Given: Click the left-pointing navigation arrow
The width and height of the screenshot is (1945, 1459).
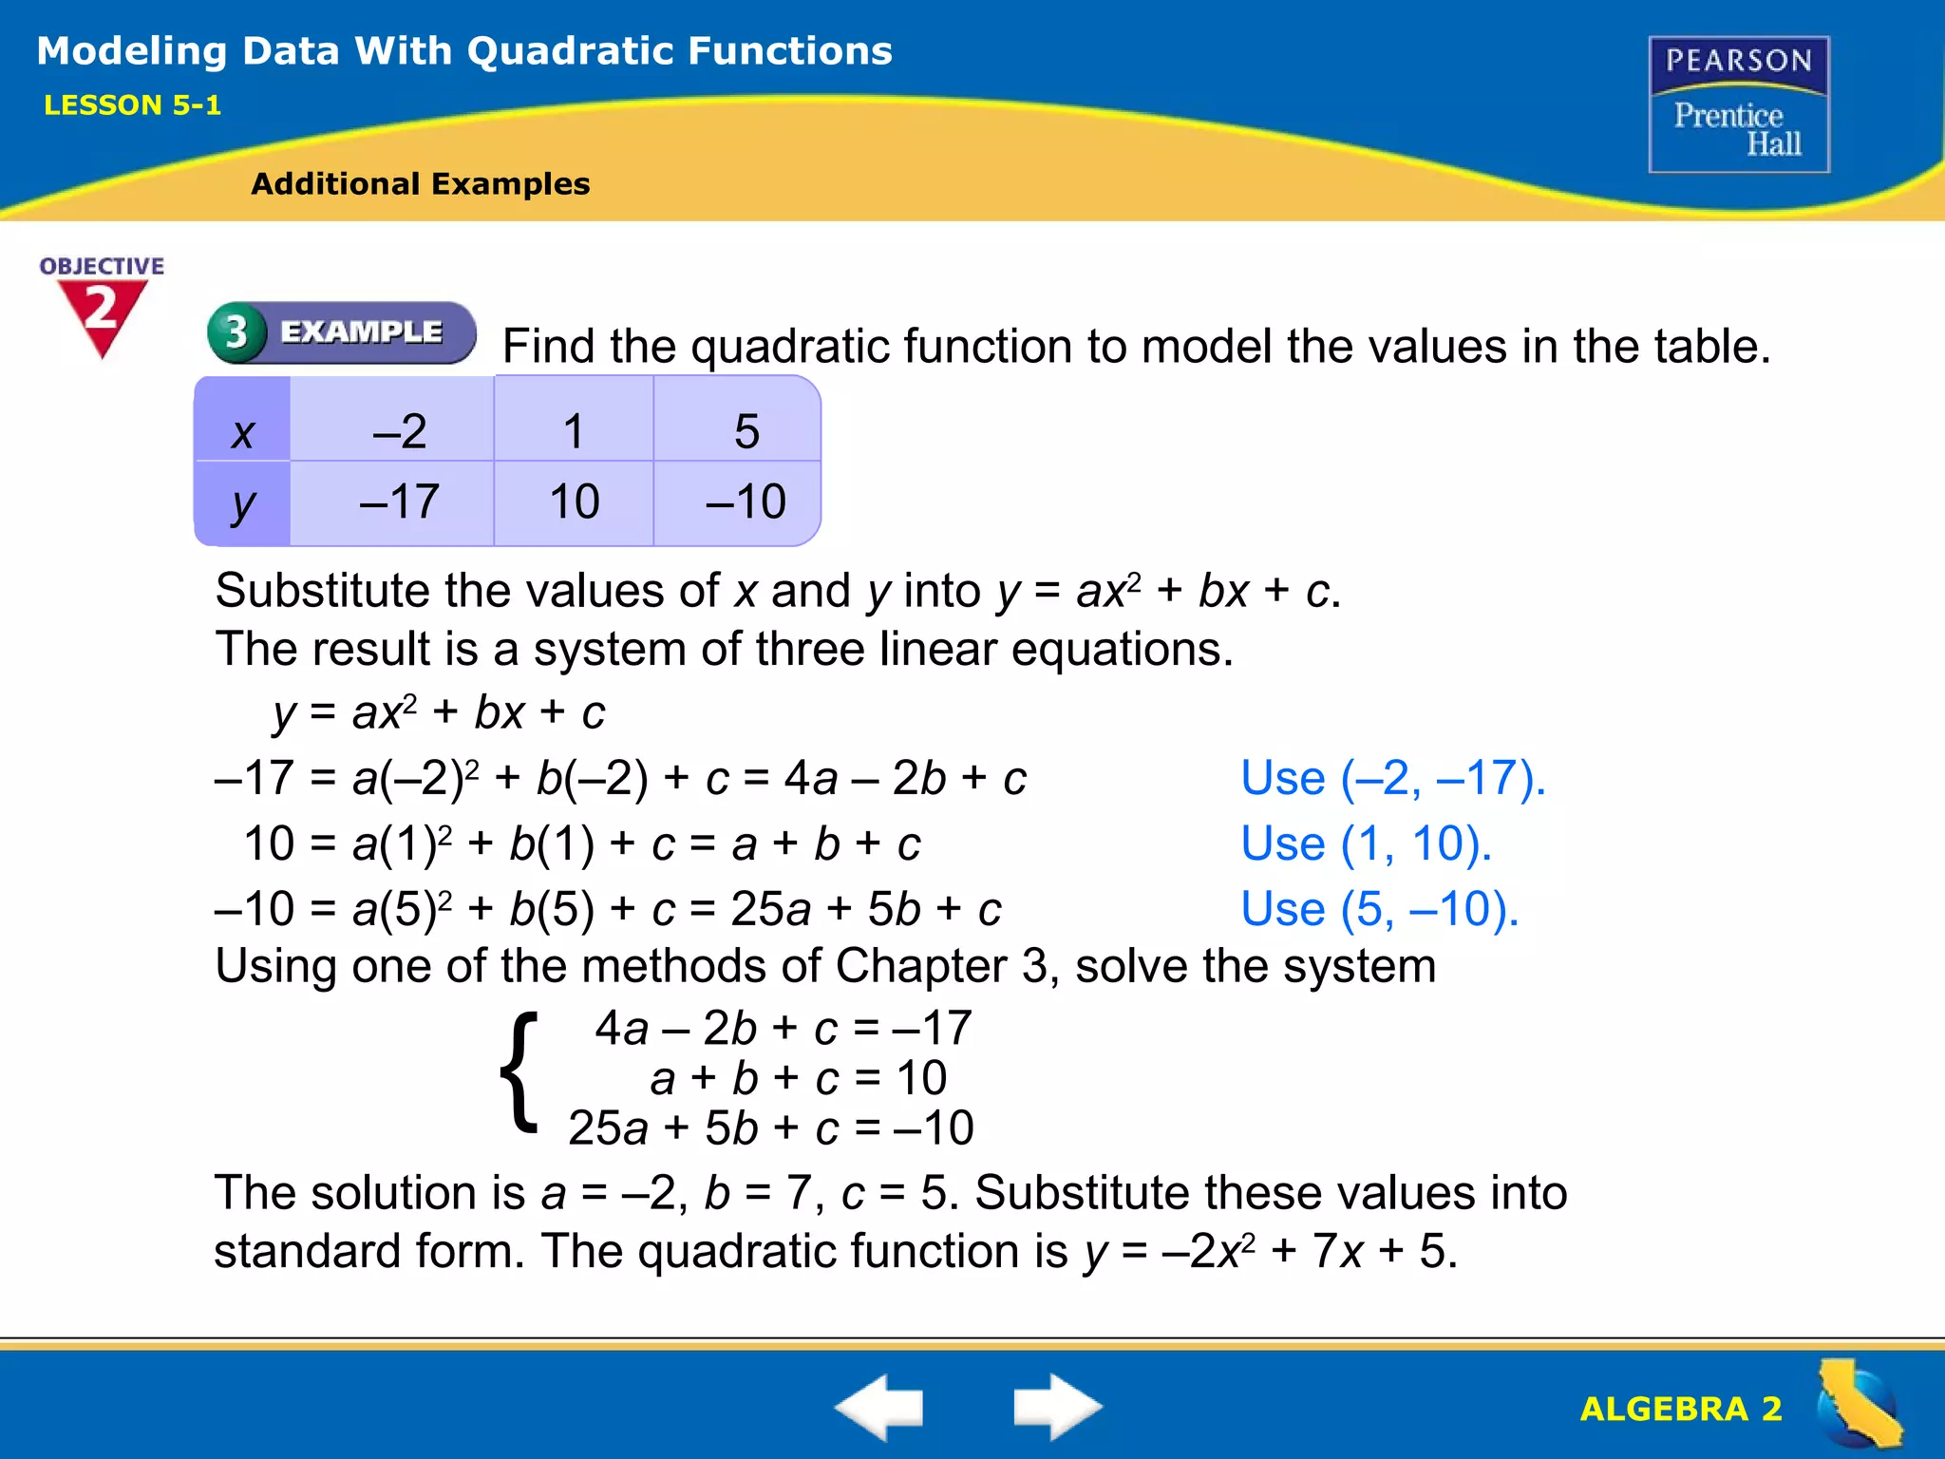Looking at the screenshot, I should pyautogui.click(x=878, y=1406).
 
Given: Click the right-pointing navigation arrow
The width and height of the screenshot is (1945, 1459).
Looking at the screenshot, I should pyautogui.click(x=1057, y=1406).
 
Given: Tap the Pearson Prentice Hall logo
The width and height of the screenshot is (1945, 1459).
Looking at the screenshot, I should pyautogui.click(x=1739, y=104).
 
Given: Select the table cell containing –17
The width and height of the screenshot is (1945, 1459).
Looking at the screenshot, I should pyautogui.click(x=399, y=502).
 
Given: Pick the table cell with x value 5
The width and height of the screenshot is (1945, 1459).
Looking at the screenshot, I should pyautogui.click(x=746, y=431).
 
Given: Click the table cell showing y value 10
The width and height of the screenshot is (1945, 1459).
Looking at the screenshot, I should pyautogui.click(x=574, y=502).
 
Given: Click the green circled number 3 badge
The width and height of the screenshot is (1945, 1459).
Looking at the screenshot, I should pyautogui.click(x=236, y=332).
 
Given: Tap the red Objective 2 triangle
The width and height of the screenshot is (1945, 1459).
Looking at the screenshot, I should pyautogui.click(x=102, y=313).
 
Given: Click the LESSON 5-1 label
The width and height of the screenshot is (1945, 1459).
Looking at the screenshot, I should pyautogui.click(x=132, y=105).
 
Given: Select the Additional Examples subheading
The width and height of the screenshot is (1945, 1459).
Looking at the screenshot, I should pyautogui.click(x=420, y=183).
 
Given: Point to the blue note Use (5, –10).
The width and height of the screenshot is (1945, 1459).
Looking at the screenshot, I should pyautogui.click(x=1379, y=909).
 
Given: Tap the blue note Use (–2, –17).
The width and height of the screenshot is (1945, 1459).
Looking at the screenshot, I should pyautogui.click(x=1393, y=778).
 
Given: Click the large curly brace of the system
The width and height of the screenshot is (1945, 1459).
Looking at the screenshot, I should pyautogui.click(x=519, y=1073).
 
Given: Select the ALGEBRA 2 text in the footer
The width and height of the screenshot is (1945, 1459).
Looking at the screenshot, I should pyautogui.click(x=1680, y=1409).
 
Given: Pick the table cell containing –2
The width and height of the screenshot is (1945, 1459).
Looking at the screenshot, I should pyautogui.click(x=399, y=431).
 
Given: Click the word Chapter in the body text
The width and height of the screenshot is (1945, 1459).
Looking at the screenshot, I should pyautogui.click(x=920, y=966).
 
